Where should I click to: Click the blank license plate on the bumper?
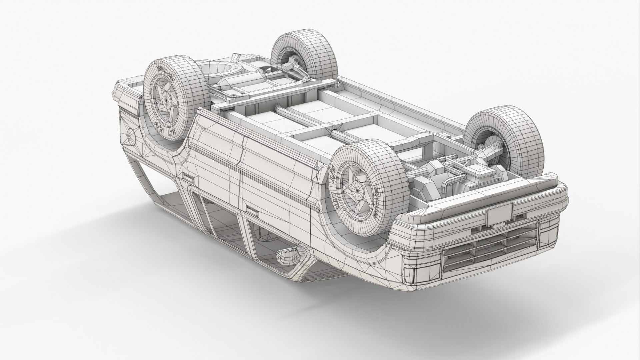499,213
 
